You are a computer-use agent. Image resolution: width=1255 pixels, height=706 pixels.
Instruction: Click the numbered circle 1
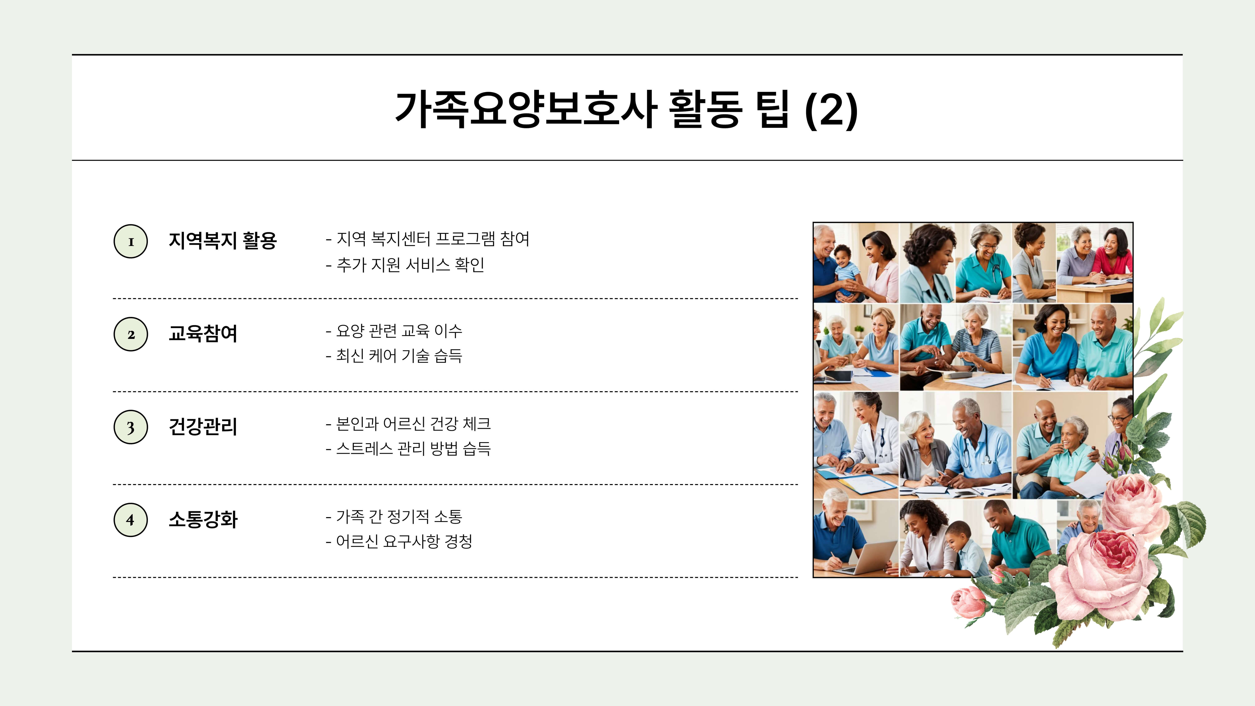tap(131, 241)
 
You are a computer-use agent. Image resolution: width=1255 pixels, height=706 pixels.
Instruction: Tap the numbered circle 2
tap(131, 334)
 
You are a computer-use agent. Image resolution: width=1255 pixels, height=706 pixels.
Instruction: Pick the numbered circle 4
tap(131, 520)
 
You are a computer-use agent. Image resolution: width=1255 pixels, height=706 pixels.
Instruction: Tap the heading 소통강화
tap(203, 519)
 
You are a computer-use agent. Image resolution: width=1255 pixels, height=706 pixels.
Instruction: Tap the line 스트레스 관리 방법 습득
tap(408, 448)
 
